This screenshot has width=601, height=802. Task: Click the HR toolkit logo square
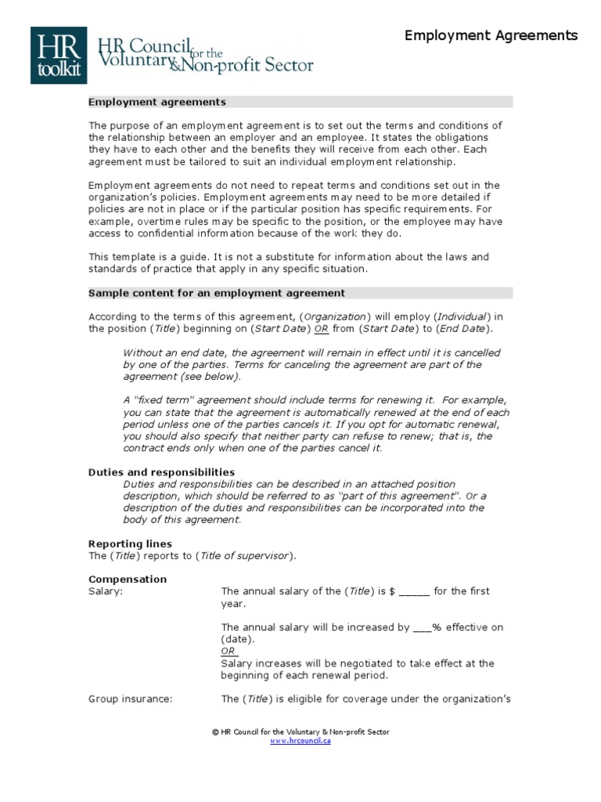(x=58, y=56)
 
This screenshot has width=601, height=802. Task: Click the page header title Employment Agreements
(x=491, y=35)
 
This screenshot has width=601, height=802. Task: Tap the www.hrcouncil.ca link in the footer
(x=300, y=741)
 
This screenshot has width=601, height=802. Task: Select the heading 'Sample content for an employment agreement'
(x=216, y=293)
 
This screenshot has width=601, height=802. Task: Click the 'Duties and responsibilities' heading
(x=161, y=472)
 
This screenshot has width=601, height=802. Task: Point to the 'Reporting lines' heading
(x=130, y=544)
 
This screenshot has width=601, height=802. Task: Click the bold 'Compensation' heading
(x=127, y=580)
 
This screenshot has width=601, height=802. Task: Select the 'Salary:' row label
(x=106, y=591)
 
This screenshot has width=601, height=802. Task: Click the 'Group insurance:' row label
(x=130, y=699)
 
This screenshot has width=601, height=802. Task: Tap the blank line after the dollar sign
(x=414, y=592)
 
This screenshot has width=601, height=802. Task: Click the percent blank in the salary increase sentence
(x=421, y=627)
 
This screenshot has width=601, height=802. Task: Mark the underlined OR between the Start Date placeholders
(x=322, y=329)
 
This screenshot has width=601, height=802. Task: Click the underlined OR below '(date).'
(x=229, y=651)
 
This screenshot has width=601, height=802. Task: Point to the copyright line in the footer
(x=300, y=732)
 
